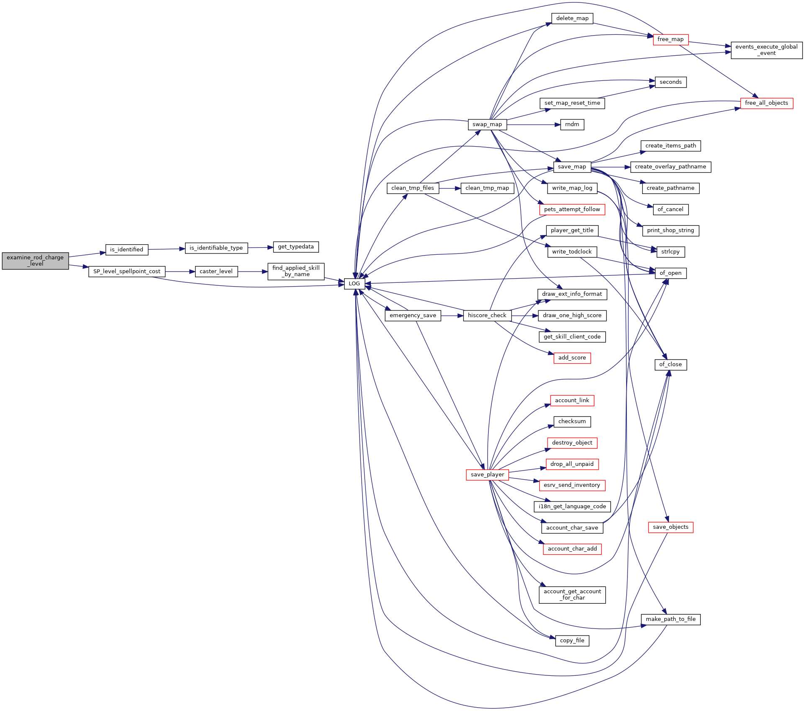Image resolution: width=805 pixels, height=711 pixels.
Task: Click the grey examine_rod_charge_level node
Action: click(35, 261)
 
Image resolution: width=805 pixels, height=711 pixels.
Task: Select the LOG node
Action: click(354, 284)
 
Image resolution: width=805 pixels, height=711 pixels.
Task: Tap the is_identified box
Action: click(126, 250)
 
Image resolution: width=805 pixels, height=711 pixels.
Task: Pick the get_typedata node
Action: click(296, 247)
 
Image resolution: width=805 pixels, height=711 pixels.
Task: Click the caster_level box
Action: click(216, 271)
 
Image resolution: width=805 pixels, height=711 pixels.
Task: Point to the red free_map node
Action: click(670, 39)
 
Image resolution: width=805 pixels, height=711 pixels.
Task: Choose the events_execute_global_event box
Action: click(766, 50)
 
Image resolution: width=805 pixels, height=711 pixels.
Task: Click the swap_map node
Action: click(487, 124)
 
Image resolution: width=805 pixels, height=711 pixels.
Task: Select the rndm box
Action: click(572, 124)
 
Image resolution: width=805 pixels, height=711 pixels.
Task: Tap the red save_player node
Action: click(487, 475)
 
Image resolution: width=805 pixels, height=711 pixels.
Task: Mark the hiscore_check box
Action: click(487, 315)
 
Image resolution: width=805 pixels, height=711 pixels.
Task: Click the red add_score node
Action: click(572, 358)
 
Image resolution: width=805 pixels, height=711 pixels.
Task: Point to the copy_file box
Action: click(572, 641)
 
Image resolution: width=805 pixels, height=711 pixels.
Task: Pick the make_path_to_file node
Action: click(670, 619)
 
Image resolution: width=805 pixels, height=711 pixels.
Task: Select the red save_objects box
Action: click(670, 527)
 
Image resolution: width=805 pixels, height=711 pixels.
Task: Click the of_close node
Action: click(670, 365)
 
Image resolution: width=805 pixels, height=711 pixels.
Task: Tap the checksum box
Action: click(572, 421)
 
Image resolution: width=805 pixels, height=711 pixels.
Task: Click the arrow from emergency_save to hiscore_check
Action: click(452, 315)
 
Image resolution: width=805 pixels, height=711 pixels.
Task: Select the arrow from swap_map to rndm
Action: click(533, 124)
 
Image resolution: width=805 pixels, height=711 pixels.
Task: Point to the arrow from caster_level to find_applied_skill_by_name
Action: click(252, 271)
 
